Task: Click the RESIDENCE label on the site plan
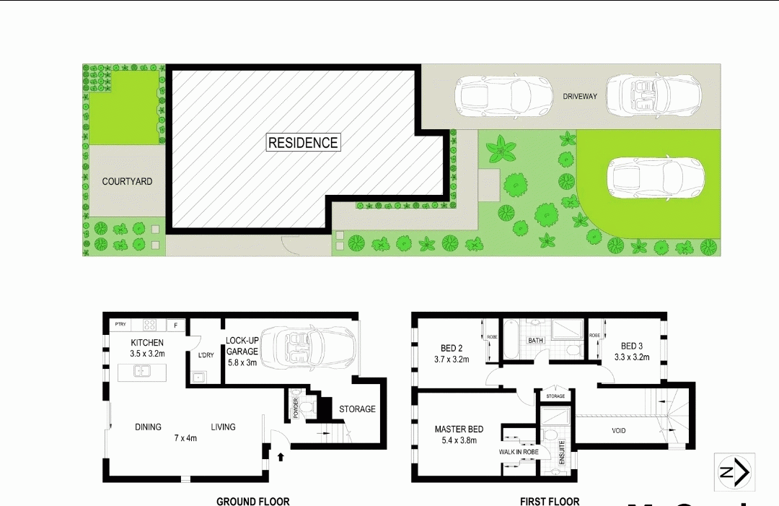[303, 143]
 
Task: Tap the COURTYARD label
[127, 182]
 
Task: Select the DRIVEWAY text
[580, 96]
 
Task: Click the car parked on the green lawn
[655, 178]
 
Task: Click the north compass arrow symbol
[734, 472]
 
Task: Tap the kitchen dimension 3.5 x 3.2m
[147, 354]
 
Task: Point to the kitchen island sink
[142, 372]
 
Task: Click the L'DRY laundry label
[206, 355]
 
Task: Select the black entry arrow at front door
[281, 456]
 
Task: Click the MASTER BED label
[459, 429]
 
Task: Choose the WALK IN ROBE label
[518, 453]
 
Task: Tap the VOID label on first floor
[618, 431]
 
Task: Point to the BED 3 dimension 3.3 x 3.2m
[632, 357]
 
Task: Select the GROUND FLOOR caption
[252, 501]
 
